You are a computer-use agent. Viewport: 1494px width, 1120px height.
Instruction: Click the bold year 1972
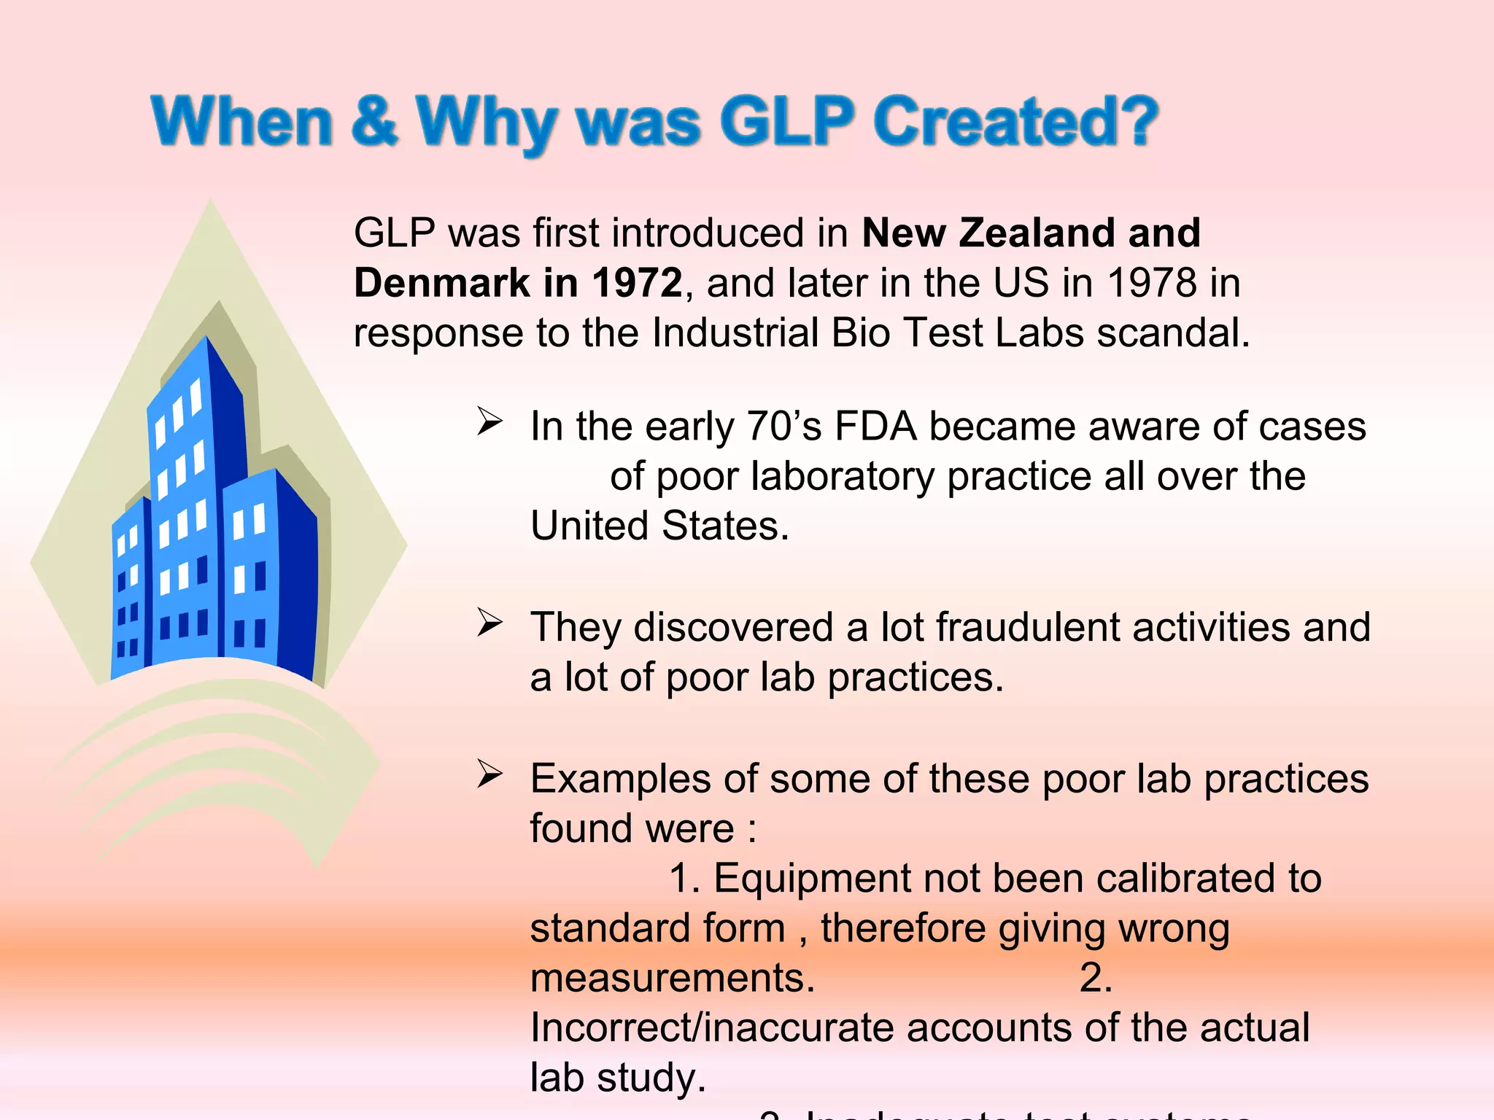click(636, 283)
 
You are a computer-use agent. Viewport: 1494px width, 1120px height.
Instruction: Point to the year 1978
click(1152, 283)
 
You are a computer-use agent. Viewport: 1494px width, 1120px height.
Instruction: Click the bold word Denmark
click(441, 283)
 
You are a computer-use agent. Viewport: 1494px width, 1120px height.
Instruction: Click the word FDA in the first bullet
click(875, 426)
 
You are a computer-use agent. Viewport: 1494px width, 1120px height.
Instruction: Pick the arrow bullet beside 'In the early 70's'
click(489, 421)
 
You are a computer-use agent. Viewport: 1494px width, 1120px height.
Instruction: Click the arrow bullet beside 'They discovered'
click(489, 623)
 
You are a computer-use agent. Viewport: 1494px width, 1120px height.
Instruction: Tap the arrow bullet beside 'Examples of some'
click(489, 774)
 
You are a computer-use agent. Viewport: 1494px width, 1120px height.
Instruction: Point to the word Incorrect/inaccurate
click(711, 1027)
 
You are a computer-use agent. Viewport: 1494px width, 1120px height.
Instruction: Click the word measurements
click(671, 978)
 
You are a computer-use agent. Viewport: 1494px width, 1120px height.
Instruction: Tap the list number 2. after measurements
click(1096, 978)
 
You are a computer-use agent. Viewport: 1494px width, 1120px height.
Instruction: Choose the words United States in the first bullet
click(659, 526)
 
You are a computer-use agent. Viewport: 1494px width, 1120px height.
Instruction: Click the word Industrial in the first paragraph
click(735, 332)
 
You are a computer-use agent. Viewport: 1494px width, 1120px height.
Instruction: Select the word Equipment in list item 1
click(811, 878)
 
